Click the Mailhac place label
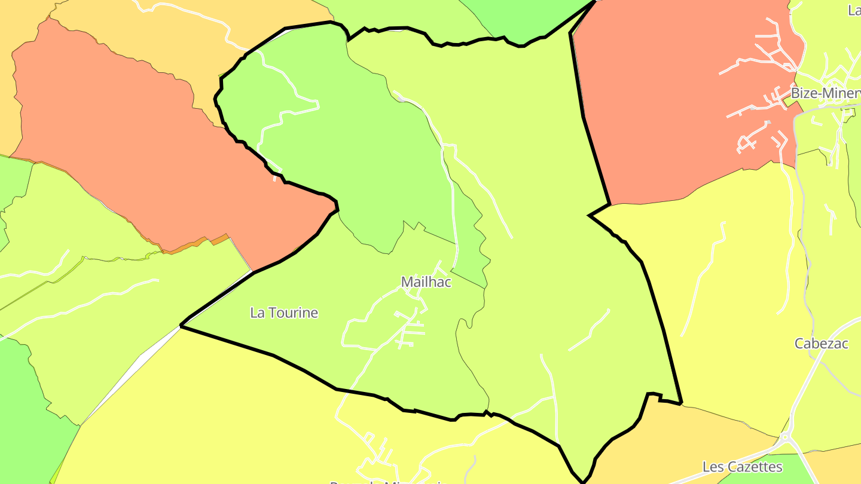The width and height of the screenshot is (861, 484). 426,282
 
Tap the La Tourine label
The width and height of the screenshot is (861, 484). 284,313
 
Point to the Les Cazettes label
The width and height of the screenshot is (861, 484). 742,467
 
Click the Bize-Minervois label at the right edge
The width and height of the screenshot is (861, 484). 826,94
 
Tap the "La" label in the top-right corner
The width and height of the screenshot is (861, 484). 854,10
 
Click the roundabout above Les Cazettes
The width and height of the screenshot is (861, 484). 784,438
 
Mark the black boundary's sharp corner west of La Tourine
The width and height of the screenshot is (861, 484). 181,326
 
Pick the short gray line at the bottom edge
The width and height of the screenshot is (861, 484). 472,469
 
